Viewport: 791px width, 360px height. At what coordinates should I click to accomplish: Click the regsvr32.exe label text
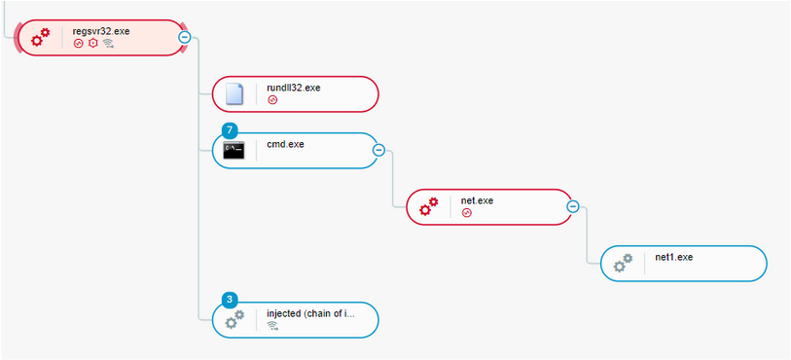[100, 31]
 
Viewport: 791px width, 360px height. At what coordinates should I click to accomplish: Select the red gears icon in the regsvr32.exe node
[40, 38]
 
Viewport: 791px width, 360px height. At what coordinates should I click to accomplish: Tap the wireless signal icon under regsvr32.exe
[109, 44]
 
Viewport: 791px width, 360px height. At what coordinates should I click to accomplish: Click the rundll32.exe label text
[293, 88]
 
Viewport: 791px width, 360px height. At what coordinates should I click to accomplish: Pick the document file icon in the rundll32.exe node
[234, 93]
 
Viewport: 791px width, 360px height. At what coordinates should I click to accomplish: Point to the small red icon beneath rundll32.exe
[272, 100]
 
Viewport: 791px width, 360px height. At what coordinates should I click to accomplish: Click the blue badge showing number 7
[229, 129]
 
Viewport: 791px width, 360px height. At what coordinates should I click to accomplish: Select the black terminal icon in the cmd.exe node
[234, 150]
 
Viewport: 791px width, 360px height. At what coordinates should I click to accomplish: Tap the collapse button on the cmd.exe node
[378, 150]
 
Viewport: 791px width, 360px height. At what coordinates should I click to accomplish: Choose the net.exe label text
[477, 200]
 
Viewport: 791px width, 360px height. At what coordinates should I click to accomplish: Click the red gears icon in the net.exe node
[429, 206]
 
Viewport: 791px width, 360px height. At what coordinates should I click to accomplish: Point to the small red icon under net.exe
[467, 213]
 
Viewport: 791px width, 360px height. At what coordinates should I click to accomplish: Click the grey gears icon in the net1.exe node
[624, 263]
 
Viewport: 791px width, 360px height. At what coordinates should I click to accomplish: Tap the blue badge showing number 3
[229, 299]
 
